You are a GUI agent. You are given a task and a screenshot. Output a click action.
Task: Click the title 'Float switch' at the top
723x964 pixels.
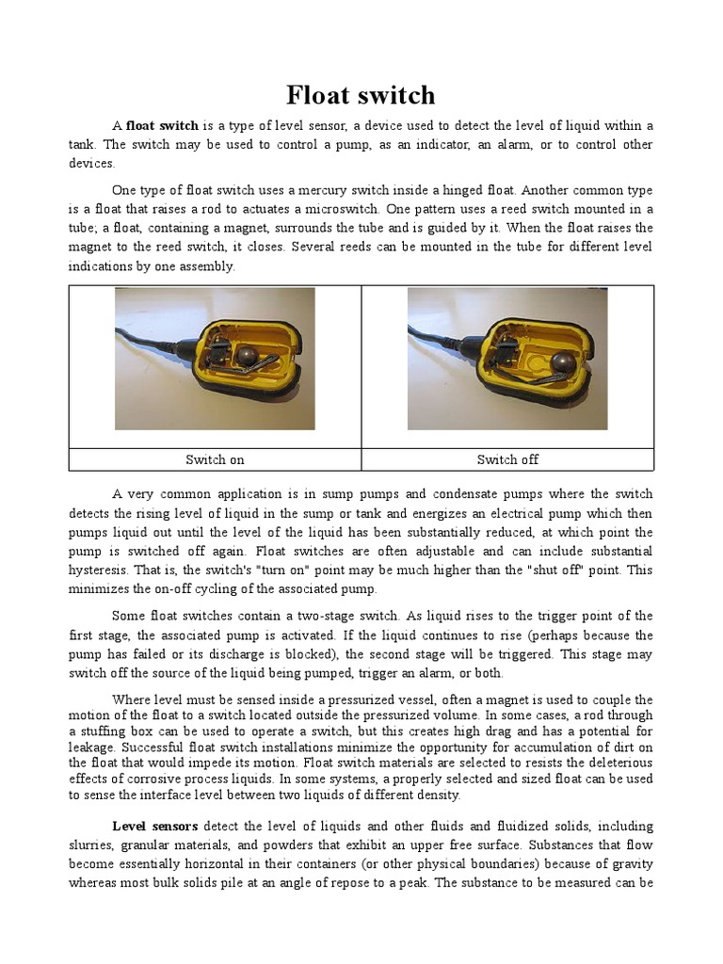[361, 95]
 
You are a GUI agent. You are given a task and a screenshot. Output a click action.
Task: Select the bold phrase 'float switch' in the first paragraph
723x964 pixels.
[162, 126]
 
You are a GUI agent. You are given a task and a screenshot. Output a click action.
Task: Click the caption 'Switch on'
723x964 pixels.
[215, 459]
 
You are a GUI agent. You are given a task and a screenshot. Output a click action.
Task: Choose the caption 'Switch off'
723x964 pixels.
[507, 459]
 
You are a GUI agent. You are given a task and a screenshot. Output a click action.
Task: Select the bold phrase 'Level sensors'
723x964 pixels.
[154, 827]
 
